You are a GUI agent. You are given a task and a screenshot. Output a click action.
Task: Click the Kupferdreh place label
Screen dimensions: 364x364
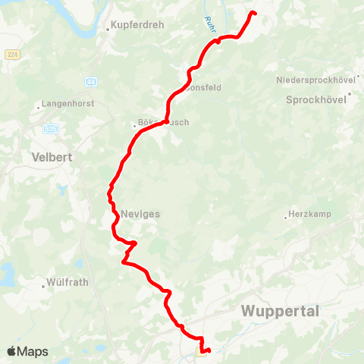pos(138,25)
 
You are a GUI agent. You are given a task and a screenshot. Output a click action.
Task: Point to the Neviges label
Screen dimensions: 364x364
pos(140,214)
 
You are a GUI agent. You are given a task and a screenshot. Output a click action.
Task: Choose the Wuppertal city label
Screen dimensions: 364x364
pos(280,312)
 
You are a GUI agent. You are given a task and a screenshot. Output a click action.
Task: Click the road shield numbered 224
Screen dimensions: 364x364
pos(11,55)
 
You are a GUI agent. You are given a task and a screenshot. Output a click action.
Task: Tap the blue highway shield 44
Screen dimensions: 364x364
pos(92,81)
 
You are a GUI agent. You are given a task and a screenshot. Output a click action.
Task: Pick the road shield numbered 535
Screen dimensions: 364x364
pos(50,128)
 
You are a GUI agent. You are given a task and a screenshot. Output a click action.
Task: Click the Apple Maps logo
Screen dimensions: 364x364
pos(28,351)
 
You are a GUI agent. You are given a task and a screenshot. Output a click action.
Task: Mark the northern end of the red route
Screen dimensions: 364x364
pos(253,13)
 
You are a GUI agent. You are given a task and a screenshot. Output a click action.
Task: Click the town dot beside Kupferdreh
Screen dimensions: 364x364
pos(108,26)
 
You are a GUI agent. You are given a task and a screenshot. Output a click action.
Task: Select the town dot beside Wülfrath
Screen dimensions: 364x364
pos(44,286)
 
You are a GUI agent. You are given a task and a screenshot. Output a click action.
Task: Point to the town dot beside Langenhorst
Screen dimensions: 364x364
pos(39,108)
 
